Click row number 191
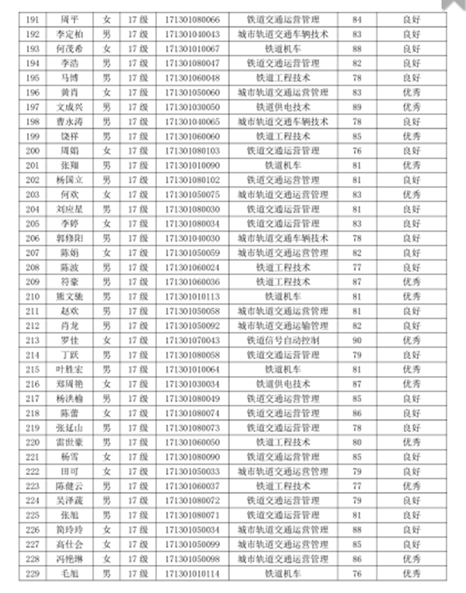coord(32,20)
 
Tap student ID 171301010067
coord(193,48)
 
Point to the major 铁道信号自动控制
coord(283,340)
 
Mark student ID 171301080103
coord(193,151)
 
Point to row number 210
coord(32,297)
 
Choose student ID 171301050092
coord(193,326)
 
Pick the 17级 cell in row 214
coord(138,355)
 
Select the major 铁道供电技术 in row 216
coord(283,384)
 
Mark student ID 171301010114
coord(193,574)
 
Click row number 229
coord(32,574)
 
